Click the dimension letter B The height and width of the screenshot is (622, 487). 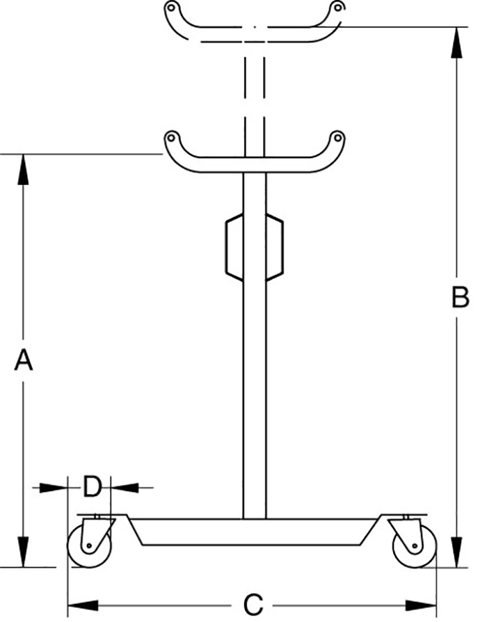coord(460,298)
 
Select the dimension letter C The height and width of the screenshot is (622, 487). coord(253,603)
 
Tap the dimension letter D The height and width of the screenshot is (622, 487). coord(93,487)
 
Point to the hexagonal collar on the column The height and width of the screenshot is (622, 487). coord(255,247)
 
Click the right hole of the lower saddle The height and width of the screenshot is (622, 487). coord(337,137)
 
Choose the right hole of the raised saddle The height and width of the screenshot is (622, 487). coord(337,8)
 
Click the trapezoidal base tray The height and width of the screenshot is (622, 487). coord(254,532)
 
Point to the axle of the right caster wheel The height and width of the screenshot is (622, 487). coord(411,546)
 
